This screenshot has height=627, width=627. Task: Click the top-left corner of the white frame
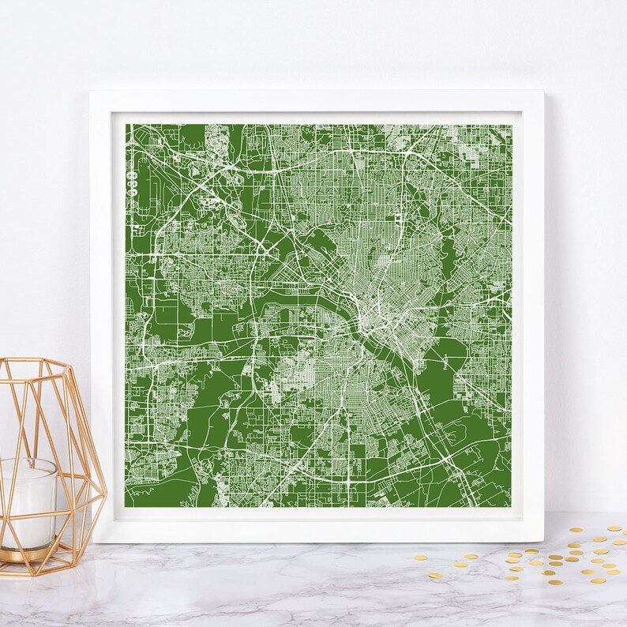point(91,92)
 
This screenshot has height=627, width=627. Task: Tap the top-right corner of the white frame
point(543,92)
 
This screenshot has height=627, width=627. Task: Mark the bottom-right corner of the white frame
point(543,542)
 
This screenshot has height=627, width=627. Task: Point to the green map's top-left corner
point(126,125)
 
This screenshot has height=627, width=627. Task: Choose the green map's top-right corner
point(512,125)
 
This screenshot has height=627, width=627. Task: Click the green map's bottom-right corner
point(512,506)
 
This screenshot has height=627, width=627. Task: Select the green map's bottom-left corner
point(126,506)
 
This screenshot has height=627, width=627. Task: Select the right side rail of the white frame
point(532,316)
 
